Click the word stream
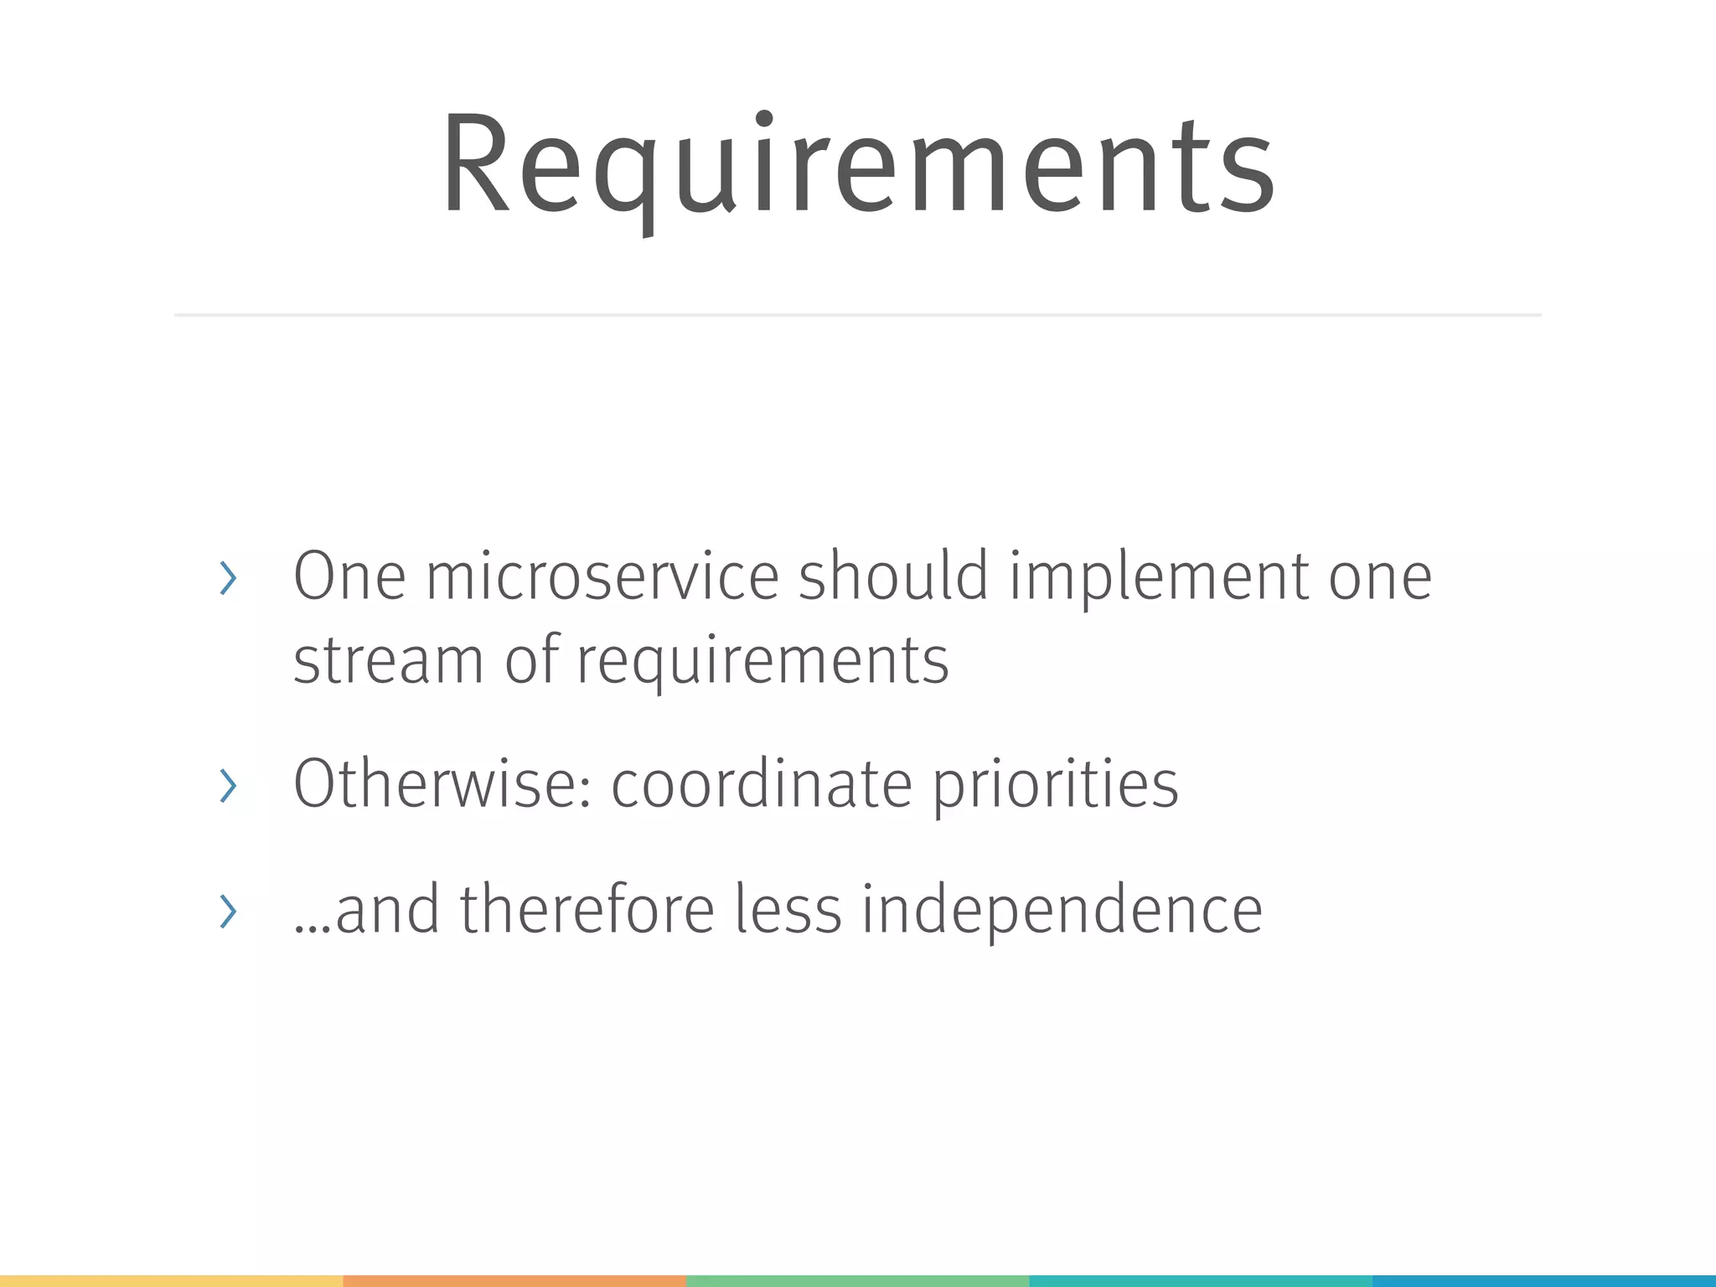388,660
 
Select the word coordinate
761,784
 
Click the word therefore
587,909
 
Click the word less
788,909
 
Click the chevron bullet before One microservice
227,578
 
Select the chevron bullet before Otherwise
227,786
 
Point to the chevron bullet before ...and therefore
227,911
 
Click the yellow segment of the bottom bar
171,1280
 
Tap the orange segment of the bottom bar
514,1280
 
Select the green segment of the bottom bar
857,1280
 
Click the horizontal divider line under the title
858,315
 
